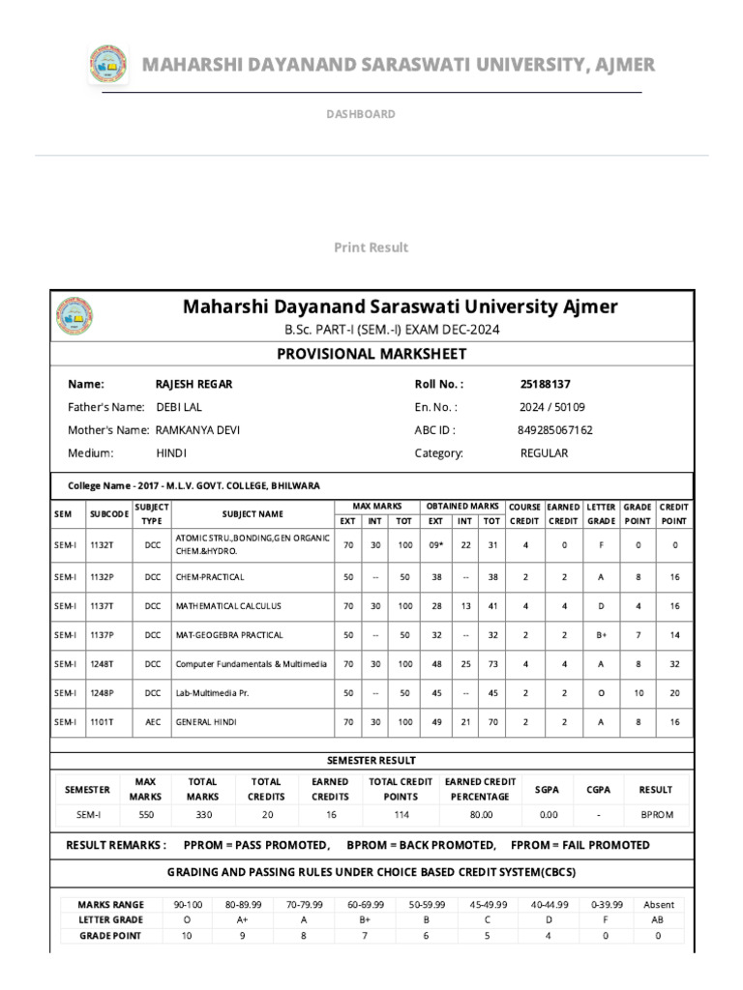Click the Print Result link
pos(371,247)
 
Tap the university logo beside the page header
pos(107,65)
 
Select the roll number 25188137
pos(545,384)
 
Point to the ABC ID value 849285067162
pos(556,430)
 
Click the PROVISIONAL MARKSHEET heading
pos(371,354)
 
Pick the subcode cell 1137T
pos(103,606)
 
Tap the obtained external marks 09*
pos(435,544)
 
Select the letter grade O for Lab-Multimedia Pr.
pos(601,693)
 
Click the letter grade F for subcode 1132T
pos(601,544)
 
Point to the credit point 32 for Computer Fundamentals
pos(674,664)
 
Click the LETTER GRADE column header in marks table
pos(601,513)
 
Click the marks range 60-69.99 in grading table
pos(364,905)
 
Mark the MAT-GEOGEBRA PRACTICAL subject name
pos(229,635)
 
